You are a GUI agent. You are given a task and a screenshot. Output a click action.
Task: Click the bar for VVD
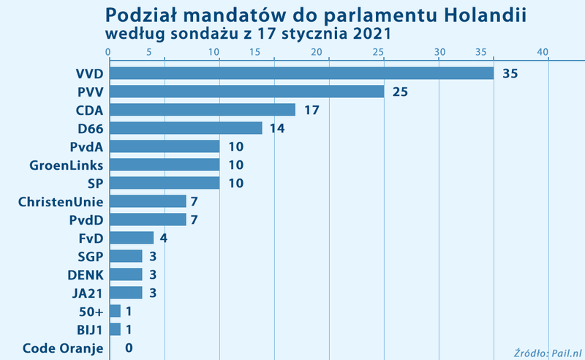(x=301, y=73)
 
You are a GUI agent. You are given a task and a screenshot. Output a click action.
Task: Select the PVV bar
(x=246, y=91)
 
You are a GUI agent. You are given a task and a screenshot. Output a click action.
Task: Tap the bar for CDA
(x=202, y=110)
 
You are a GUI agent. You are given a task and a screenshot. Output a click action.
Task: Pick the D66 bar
(x=186, y=128)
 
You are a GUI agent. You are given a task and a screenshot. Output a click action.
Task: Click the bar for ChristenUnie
(x=147, y=201)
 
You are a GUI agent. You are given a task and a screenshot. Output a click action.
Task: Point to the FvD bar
(x=131, y=238)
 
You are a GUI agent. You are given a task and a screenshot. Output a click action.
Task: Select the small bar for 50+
(x=115, y=311)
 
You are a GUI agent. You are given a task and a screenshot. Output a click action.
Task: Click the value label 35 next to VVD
(x=510, y=74)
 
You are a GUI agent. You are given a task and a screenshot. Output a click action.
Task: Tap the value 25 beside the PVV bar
(x=399, y=92)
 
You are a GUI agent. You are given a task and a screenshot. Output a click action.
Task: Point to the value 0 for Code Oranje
(x=128, y=348)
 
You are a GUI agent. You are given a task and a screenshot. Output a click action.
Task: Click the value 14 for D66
(x=277, y=129)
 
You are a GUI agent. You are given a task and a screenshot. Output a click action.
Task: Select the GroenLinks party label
(x=66, y=165)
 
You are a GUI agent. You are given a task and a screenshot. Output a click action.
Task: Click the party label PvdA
(x=86, y=146)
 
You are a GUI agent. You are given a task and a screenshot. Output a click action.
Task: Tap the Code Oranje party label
(x=63, y=348)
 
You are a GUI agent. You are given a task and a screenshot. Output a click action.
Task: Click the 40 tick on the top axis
(x=543, y=51)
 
